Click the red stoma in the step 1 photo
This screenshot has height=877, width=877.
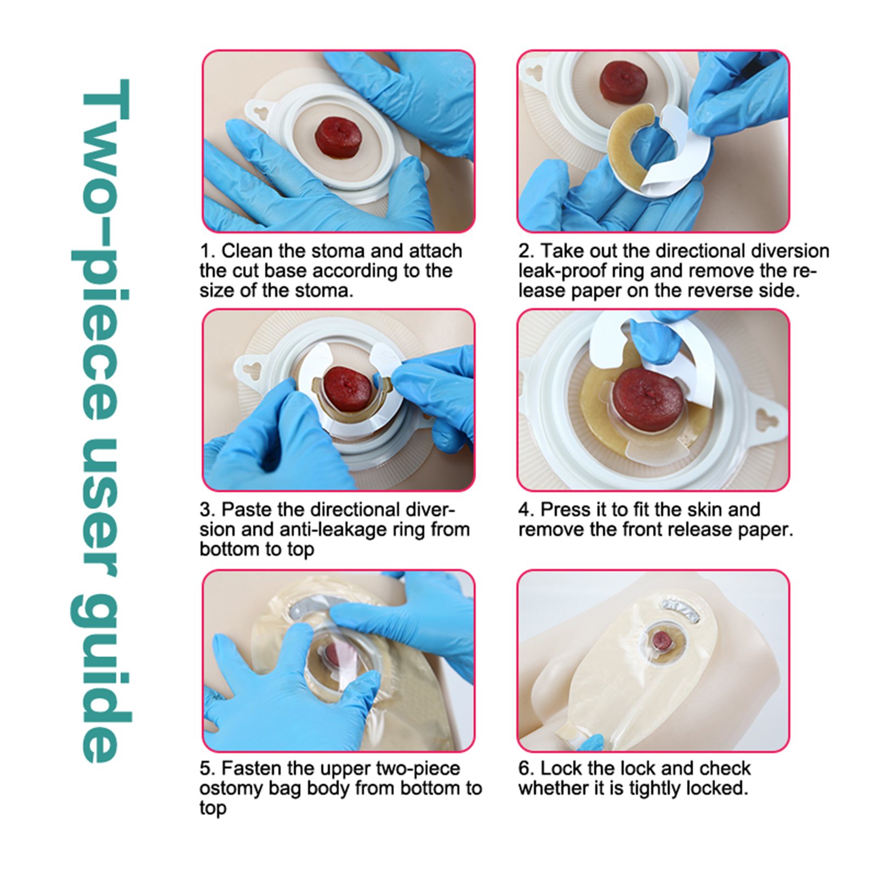[338, 137]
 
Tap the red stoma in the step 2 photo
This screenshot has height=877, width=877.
[623, 81]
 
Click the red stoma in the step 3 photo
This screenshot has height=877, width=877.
[347, 389]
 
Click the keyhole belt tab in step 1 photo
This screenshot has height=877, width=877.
[262, 112]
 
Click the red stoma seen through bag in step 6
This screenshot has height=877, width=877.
[662, 639]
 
